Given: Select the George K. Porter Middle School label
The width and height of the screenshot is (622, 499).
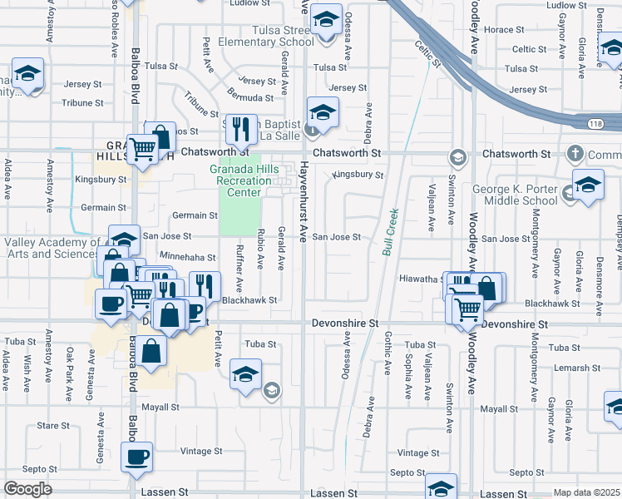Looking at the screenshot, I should [x=516, y=195].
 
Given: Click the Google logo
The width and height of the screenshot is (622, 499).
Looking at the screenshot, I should [x=27, y=489].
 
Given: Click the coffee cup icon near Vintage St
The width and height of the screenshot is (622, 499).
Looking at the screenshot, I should [x=137, y=456].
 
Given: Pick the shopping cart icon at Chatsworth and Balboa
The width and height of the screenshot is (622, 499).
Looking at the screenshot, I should [x=143, y=150].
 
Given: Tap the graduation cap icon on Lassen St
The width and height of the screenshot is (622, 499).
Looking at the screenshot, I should [x=441, y=488].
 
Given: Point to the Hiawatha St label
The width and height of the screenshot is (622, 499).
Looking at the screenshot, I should [x=420, y=279].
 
